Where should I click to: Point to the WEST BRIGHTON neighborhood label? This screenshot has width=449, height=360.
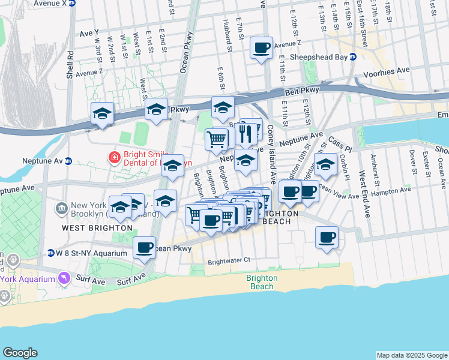[97, 228]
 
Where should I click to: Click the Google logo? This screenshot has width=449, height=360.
[20, 353]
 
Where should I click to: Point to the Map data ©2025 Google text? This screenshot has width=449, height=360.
[411, 355]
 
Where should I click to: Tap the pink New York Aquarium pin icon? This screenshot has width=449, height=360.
[64, 278]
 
